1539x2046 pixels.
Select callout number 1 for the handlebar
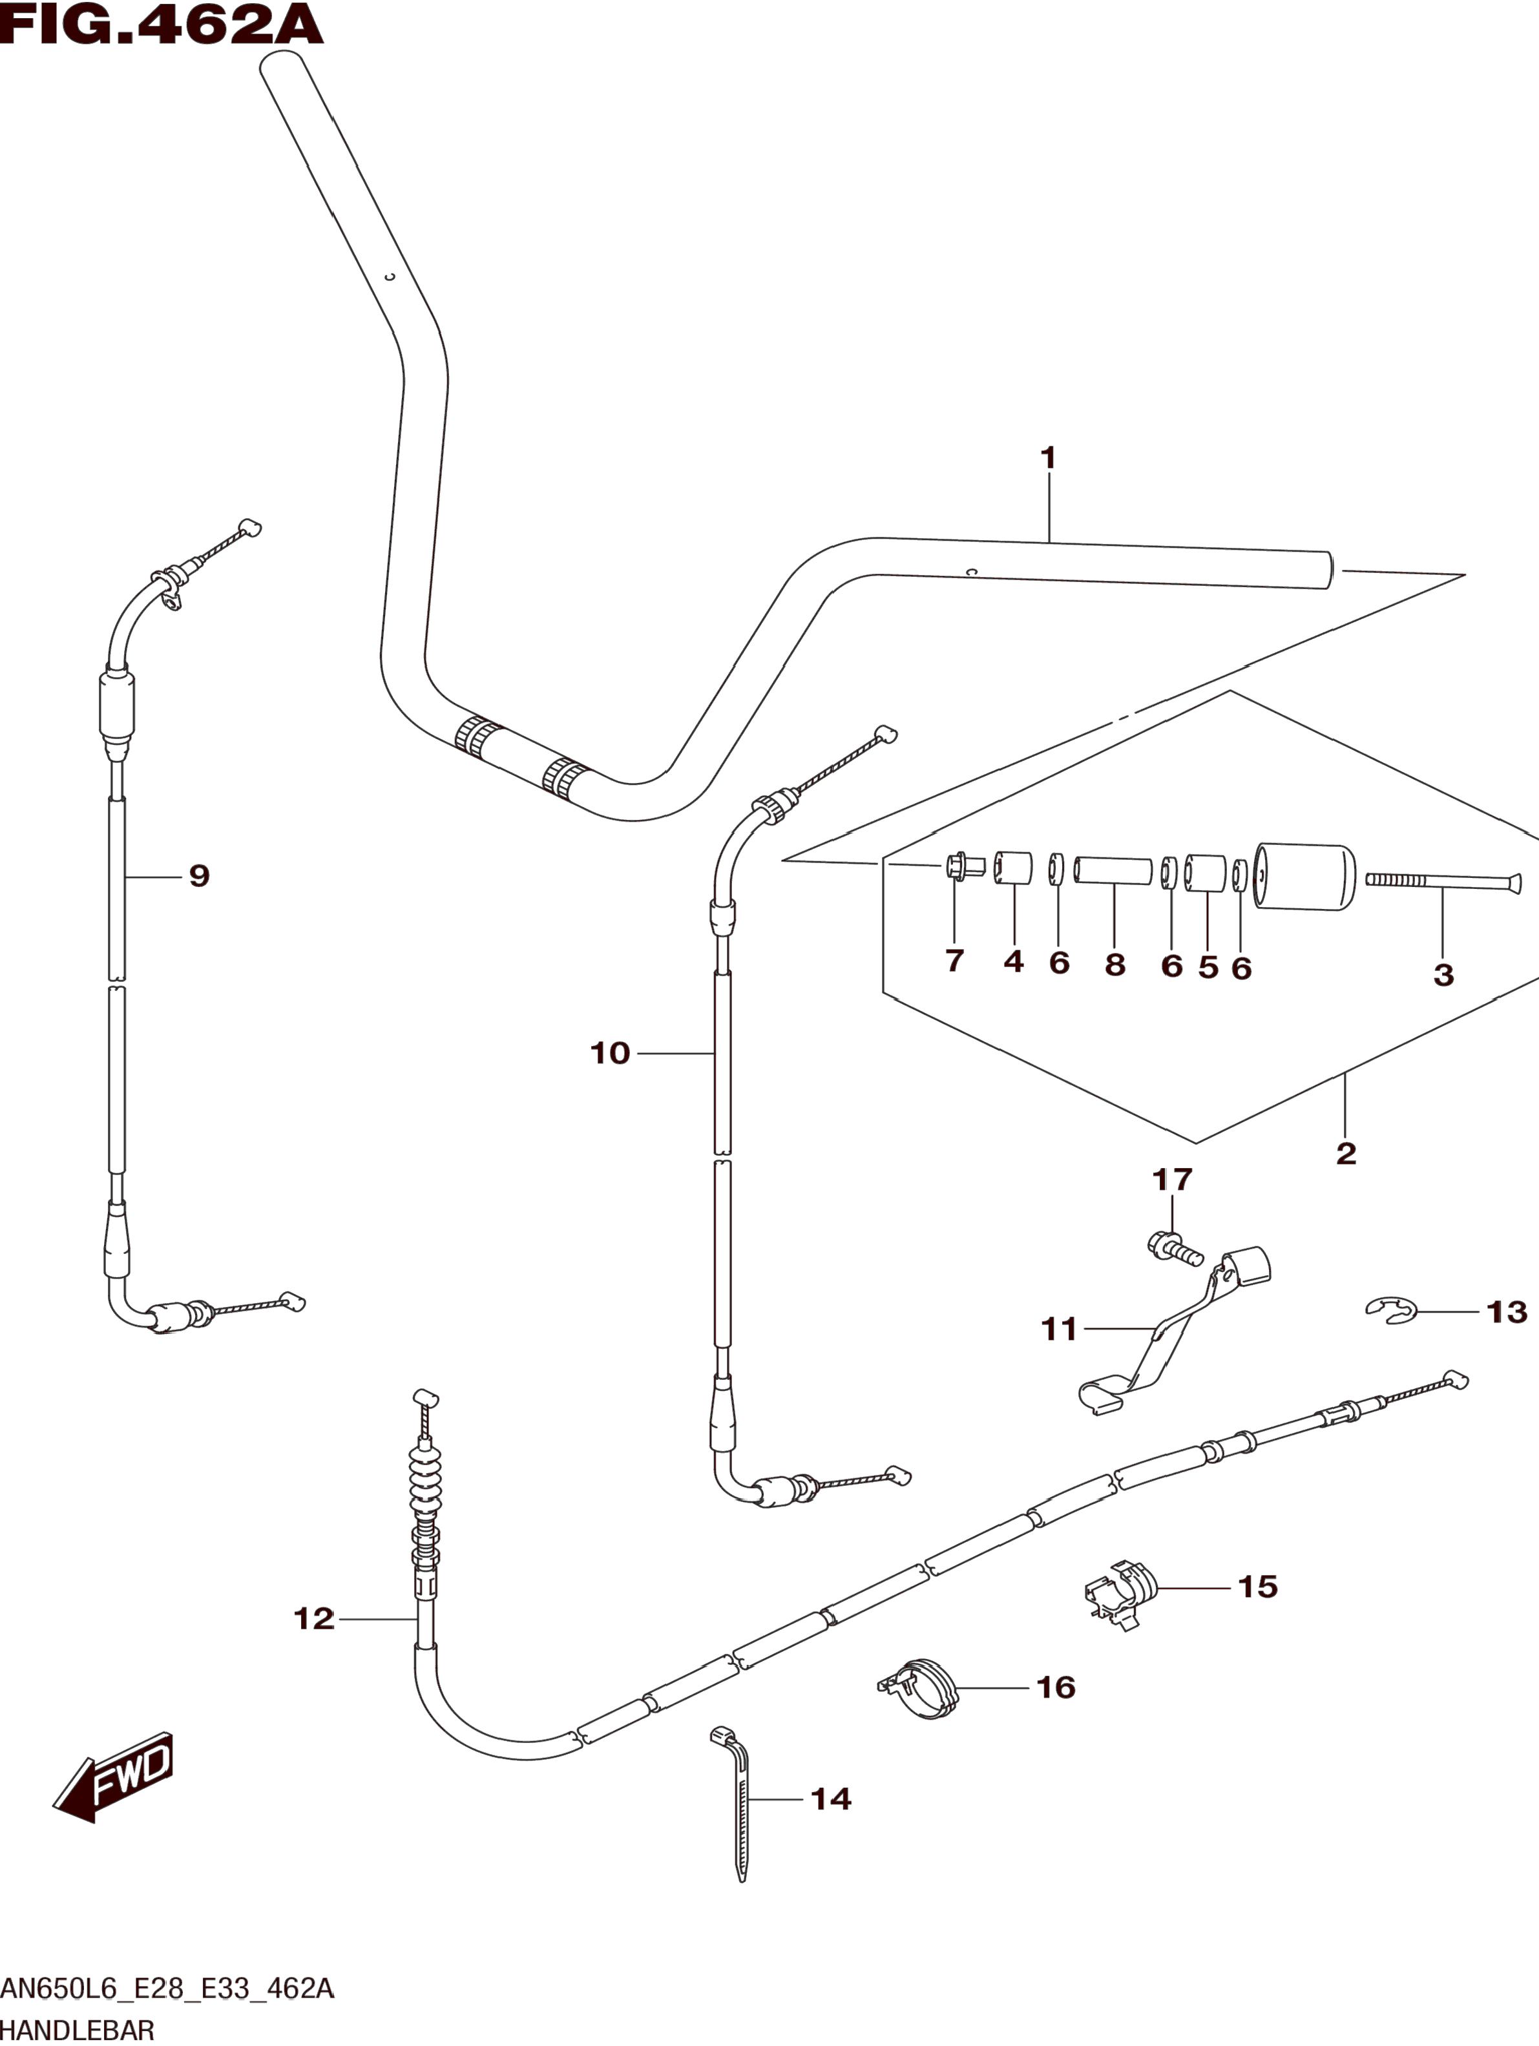1048,458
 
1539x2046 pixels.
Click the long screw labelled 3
1443,881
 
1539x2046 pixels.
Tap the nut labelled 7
958,868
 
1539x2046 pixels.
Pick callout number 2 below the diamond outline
1346,1153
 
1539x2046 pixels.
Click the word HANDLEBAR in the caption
77,2031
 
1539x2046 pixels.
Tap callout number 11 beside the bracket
1059,1329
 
